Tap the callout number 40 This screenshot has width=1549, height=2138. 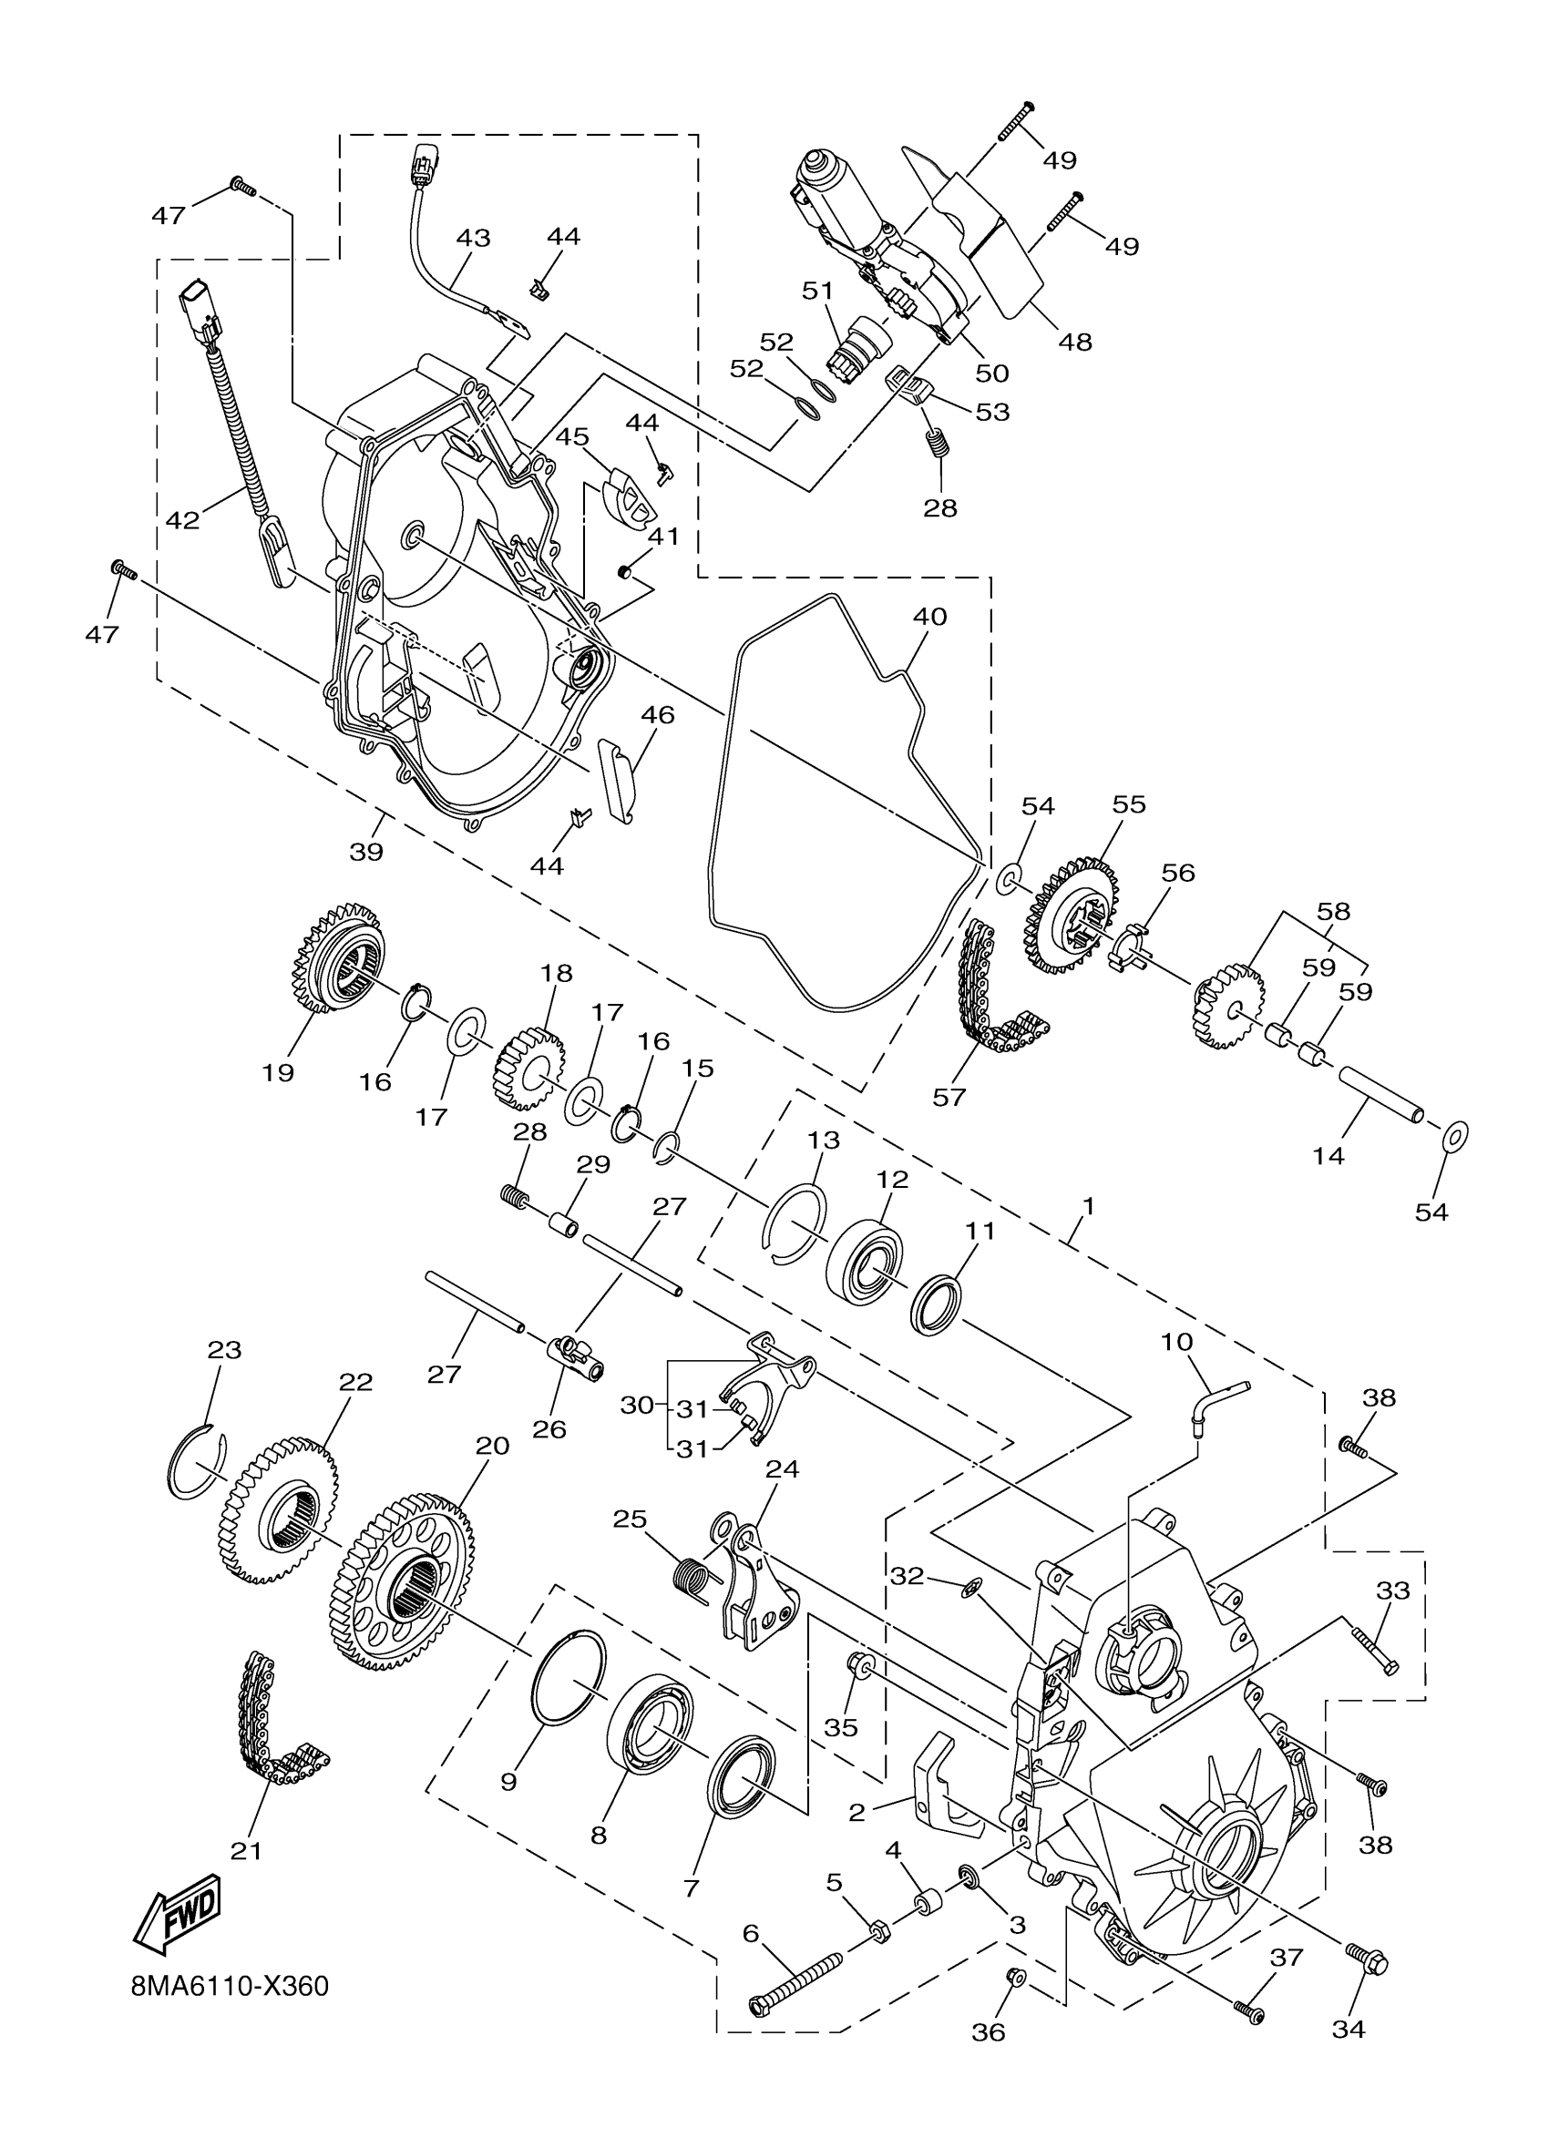pos(929,617)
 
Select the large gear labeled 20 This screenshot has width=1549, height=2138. pos(403,1591)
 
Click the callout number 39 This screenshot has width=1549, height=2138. pos(365,851)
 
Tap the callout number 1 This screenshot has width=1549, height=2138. pos(1088,1206)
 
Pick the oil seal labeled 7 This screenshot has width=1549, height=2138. pos(743,1775)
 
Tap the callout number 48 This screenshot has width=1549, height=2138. pos(1075,342)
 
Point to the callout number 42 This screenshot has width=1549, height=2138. pos(184,519)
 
